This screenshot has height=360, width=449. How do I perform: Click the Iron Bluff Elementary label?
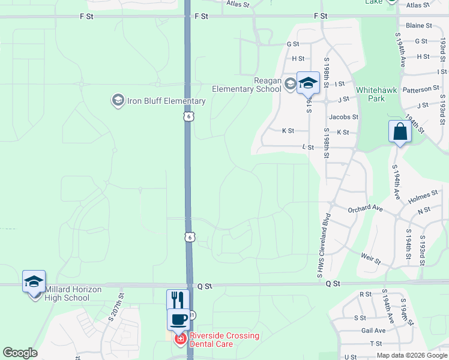[x=166, y=101]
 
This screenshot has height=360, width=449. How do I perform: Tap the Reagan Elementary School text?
[x=246, y=85]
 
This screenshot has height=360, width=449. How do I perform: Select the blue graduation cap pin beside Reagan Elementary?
[x=308, y=84]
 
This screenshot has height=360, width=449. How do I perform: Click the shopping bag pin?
[x=400, y=132]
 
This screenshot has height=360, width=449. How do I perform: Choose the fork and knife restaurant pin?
[x=178, y=300]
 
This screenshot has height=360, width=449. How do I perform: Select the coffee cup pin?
[x=178, y=319]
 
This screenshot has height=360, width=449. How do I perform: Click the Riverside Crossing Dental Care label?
[x=224, y=340]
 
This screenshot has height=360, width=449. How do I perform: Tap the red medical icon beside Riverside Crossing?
[x=179, y=340]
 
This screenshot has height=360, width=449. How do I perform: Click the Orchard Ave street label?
[x=365, y=208]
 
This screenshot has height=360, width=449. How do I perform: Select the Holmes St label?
[x=423, y=196]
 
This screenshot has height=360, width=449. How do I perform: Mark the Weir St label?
[x=370, y=259]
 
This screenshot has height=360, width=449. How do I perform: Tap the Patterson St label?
[x=420, y=89]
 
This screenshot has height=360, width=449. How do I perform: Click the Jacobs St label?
[x=343, y=117]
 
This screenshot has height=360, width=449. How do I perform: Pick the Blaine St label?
[x=418, y=26]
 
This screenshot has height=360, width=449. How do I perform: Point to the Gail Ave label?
[x=373, y=331]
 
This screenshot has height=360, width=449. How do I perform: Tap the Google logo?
[x=20, y=353]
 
